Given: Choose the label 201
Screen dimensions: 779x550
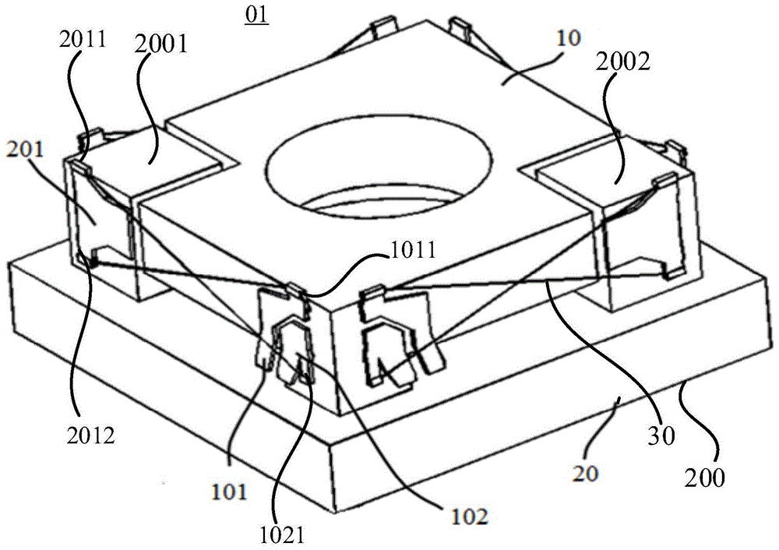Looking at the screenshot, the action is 24,149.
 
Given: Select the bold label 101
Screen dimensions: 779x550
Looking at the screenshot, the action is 229,492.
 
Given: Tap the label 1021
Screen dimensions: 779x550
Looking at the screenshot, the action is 282,536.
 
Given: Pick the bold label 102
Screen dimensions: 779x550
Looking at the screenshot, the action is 468,517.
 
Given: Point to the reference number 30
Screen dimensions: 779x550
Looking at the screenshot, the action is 661,435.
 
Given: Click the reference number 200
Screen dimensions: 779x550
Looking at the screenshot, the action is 704,478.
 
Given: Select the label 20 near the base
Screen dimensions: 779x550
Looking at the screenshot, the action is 586,473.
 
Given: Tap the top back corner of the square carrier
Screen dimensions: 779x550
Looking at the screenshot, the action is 426,21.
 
